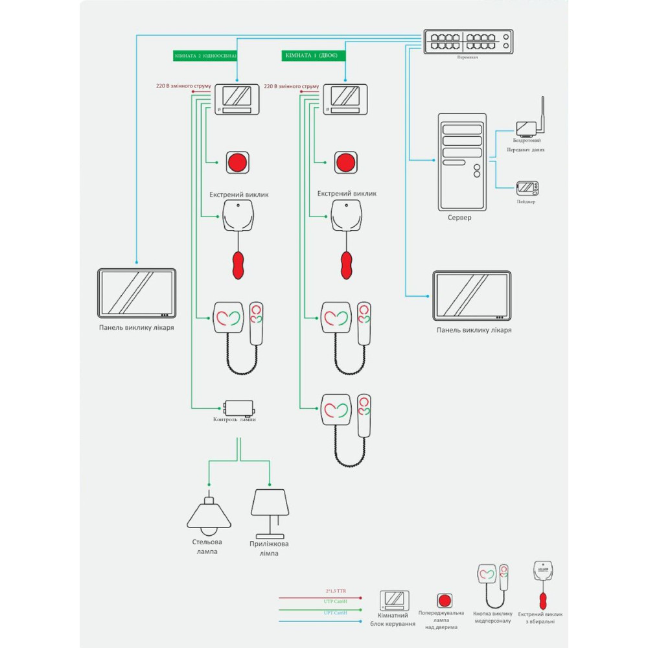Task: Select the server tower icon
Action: click(462, 161)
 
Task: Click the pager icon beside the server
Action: click(526, 188)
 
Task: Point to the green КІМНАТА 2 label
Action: click(205, 56)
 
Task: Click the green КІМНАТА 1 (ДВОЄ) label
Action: click(314, 56)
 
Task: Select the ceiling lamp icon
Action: click(209, 515)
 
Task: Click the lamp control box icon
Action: click(238, 408)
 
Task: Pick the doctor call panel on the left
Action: click(137, 293)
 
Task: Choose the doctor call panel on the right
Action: click(472, 295)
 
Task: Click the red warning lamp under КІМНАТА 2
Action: click(237, 162)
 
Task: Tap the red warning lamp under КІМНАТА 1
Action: click(346, 162)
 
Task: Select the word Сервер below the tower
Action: click(459, 218)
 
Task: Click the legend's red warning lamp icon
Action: click(445, 600)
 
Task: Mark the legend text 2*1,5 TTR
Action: click(336, 591)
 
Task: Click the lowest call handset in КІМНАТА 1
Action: click(364, 414)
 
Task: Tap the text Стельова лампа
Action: click(207, 546)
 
